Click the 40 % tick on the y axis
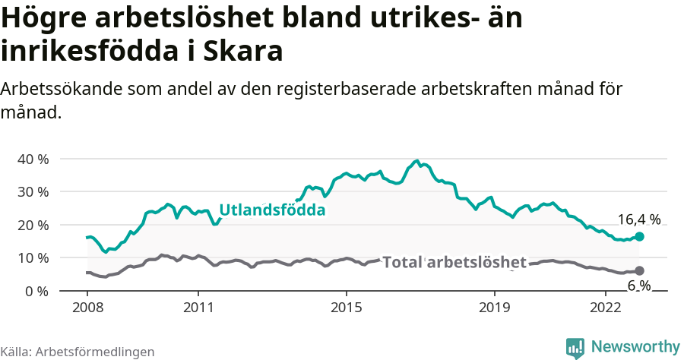(33, 159)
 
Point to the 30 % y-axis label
(33, 192)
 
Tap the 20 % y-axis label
(33, 225)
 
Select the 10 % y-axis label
(33, 258)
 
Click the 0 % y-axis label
(36, 291)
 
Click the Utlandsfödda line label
(273, 211)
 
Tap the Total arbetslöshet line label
(454, 263)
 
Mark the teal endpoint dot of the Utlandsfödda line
(639, 237)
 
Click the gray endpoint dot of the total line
(639, 271)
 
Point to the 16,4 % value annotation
(638, 220)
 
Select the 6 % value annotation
(638, 286)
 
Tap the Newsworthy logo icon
(575, 348)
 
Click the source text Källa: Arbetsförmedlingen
(77, 352)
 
